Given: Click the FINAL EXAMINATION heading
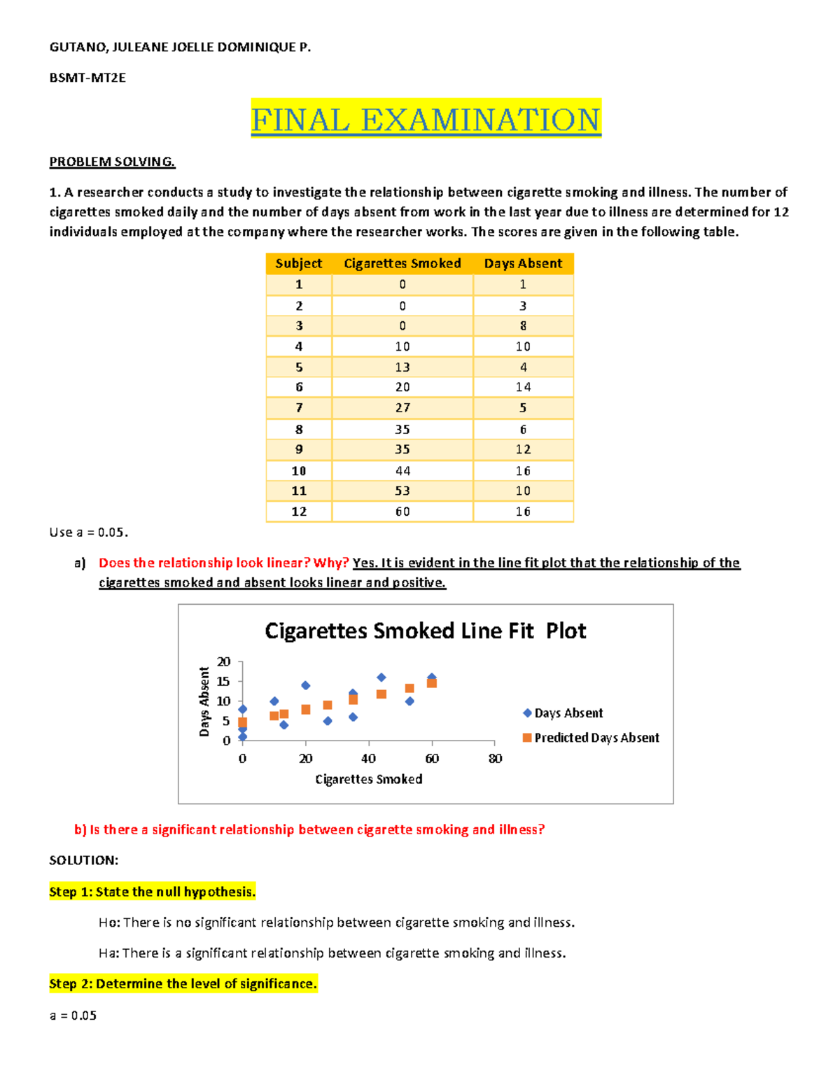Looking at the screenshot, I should click(426, 120).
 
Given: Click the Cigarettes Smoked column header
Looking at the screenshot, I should click(402, 264).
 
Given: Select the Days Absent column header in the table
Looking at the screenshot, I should click(523, 264).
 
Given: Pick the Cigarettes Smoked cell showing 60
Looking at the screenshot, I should click(402, 512).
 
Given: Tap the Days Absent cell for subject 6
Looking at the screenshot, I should click(523, 387).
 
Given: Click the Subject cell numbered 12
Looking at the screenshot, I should click(299, 512).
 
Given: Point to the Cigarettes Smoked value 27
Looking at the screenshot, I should click(402, 408).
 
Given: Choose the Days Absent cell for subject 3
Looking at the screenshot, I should click(523, 326).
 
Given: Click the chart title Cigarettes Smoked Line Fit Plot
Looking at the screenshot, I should click(425, 631).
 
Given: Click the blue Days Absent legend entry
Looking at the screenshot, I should click(563, 713).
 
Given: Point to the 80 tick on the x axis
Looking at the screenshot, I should click(495, 759).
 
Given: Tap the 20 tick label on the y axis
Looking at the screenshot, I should click(223, 662).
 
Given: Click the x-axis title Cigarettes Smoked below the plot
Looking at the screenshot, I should click(369, 780).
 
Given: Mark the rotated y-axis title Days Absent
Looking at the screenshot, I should click(204, 701).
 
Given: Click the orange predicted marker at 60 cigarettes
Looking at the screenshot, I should click(432, 683).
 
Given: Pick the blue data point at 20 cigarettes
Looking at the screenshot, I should click(306, 686).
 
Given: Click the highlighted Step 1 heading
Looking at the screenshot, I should click(152, 892).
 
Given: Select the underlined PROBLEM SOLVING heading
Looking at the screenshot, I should click(112, 162).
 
